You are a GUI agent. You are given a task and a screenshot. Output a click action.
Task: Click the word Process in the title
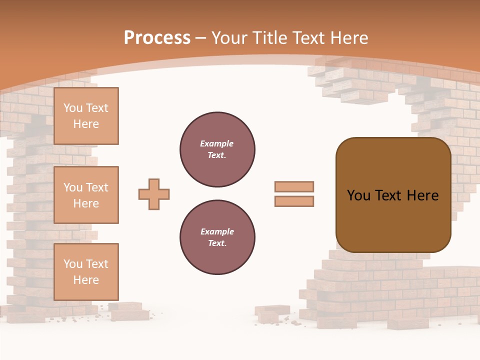(157, 38)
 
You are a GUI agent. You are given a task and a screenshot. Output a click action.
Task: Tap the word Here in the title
(349, 38)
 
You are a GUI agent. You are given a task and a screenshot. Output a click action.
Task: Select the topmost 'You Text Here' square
(86, 116)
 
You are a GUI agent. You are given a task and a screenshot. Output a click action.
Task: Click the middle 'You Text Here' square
(86, 195)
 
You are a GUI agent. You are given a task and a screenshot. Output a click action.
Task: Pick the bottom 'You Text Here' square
(86, 271)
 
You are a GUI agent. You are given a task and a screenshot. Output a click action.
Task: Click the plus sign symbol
(154, 194)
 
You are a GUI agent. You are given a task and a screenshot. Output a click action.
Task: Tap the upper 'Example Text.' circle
(217, 149)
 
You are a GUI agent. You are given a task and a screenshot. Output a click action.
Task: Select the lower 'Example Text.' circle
(217, 237)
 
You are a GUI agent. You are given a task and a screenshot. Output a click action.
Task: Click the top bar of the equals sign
(294, 186)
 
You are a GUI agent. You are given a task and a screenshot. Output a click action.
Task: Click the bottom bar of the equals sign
(294, 201)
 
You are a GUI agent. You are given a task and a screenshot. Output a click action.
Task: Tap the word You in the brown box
(358, 195)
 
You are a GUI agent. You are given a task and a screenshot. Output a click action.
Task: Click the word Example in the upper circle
(217, 143)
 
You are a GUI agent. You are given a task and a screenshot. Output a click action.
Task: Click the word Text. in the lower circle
(217, 243)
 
